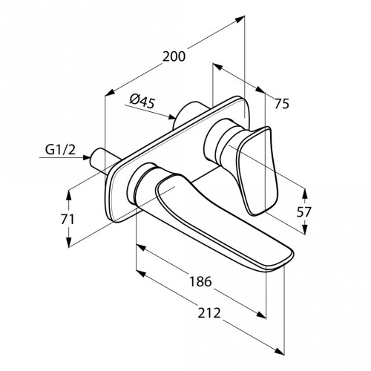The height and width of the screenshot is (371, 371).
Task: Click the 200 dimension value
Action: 174,56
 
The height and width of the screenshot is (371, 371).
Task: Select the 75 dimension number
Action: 282,103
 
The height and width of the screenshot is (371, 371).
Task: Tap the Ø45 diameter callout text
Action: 142,102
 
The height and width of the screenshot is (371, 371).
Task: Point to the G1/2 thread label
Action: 60,150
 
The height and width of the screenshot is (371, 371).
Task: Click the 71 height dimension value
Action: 68,219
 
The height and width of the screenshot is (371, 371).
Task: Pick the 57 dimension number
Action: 304,211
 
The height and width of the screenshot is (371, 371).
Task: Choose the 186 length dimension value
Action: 200,281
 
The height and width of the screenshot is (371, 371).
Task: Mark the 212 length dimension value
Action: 209,313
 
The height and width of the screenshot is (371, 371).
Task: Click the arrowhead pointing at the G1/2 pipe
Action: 86,157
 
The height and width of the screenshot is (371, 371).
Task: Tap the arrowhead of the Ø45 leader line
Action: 171,116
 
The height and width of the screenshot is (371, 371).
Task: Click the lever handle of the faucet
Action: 257,171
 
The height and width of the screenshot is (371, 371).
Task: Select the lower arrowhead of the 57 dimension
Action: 305,229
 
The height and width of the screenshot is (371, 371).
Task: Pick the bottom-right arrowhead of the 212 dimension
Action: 280,351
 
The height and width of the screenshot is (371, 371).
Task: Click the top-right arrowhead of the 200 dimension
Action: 240,19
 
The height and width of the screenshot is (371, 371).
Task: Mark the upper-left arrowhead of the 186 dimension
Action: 140,247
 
